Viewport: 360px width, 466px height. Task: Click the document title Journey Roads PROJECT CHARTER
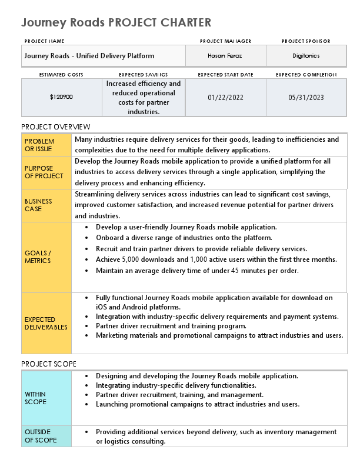116,23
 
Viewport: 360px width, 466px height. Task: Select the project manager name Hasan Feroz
225,56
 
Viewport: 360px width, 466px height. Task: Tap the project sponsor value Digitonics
306,56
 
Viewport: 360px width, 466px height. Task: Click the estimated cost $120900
61,97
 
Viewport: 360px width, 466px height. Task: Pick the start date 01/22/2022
225,97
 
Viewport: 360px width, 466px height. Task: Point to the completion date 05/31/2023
306,97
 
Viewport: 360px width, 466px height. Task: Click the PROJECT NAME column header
44,41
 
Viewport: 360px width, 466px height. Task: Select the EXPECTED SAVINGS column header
143,75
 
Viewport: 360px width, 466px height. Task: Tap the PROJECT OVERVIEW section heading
56,127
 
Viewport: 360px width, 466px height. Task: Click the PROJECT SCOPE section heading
49,364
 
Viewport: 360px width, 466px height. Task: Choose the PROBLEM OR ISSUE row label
39,145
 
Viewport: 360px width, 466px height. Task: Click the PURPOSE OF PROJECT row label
44,172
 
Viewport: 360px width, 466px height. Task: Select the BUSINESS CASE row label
38,205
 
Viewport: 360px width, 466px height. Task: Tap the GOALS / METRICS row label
38,257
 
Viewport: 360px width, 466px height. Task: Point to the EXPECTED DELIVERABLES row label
46,323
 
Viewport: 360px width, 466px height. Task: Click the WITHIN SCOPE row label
35,398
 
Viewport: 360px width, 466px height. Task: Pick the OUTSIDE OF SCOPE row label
41,436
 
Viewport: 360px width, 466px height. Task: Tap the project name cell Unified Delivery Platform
89,56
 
